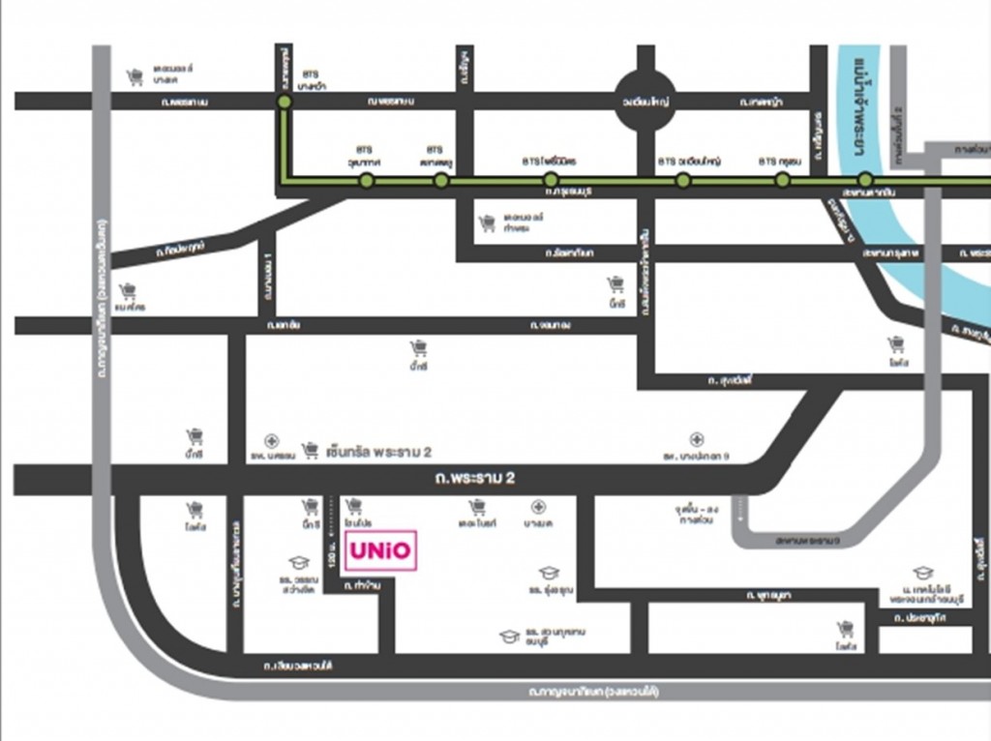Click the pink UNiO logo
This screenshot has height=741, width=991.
point(380,550)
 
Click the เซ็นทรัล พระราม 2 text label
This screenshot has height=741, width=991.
point(378,451)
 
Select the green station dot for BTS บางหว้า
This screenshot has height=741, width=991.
point(285,102)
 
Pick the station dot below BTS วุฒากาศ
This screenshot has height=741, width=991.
point(366,180)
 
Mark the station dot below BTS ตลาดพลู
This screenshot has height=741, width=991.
point(441,180)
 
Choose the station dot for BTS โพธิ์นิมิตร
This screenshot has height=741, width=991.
point(550,180)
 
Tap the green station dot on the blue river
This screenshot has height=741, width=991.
point(865,180)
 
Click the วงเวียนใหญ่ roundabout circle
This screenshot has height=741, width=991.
point(646,101)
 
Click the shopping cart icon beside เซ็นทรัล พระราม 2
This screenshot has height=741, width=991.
point(311,450)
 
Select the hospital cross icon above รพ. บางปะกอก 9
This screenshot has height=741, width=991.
point(696,440)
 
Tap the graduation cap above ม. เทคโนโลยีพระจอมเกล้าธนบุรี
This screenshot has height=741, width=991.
point(923,573)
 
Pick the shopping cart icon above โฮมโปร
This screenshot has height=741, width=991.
point(353,505)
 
